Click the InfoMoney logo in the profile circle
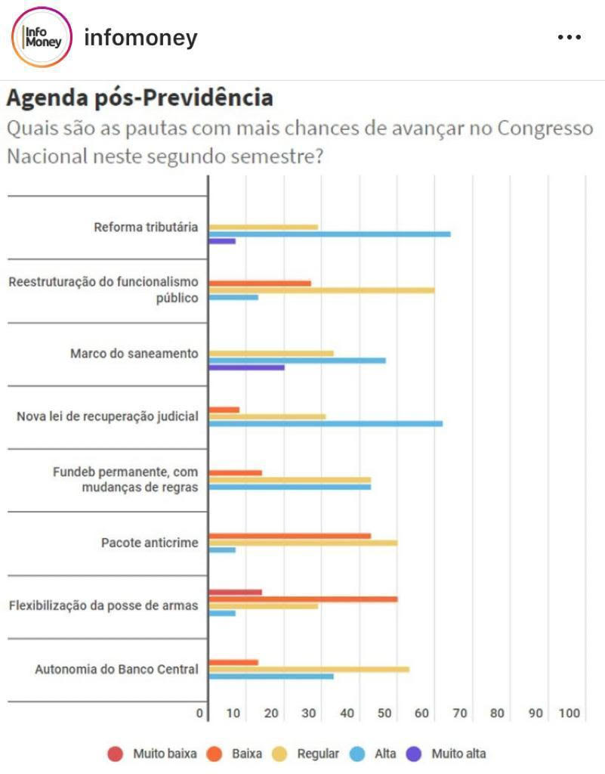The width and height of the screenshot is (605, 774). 42,38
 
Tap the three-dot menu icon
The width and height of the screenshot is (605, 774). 569,37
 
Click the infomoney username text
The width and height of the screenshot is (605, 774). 140,38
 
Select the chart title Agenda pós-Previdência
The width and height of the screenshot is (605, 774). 140,98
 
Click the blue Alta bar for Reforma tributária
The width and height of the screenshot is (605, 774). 329,234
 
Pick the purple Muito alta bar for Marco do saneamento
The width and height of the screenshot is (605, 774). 246,367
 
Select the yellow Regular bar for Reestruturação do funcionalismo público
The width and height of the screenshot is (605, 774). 321,290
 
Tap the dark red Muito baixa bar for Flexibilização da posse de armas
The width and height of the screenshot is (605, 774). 235,592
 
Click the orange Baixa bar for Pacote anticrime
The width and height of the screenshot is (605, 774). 289,536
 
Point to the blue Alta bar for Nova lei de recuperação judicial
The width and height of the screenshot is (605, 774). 325,423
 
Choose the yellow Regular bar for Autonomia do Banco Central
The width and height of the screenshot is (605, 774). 308,669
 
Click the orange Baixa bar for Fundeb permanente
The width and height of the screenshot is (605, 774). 235,472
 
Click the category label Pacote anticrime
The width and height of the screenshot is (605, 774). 150,543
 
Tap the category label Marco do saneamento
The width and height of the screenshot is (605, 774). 134,353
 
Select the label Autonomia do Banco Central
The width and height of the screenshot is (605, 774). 116,669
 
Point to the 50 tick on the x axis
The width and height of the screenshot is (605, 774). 385,713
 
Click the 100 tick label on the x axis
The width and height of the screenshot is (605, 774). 569,713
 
